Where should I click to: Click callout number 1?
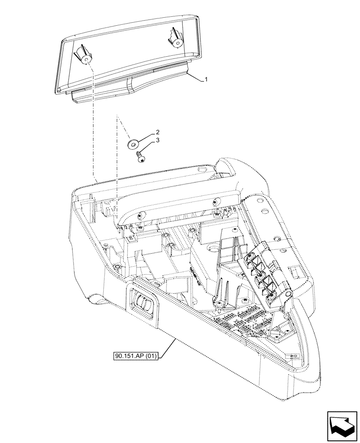pos(206,80)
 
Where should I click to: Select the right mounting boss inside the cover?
pos(175,40)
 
